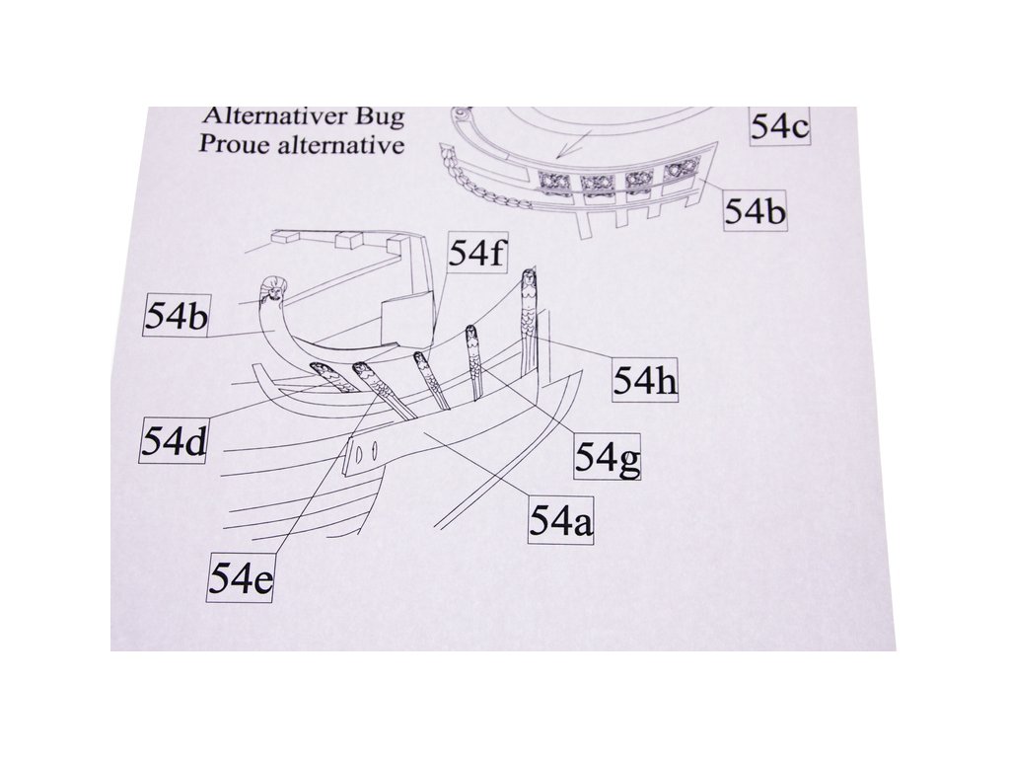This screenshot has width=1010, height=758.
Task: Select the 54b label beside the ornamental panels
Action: [x=756, y=211]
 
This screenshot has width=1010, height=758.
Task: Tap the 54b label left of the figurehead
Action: [x=177, y=316]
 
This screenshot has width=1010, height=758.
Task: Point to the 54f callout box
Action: [x=478, y=255]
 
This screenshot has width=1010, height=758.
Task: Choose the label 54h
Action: [x=646, y=379]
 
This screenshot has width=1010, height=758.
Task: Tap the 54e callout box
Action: [x=241, y=577]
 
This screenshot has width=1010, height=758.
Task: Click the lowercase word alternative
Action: [x=341, y=144]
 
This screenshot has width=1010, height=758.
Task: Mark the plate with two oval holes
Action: [x=364, y=452]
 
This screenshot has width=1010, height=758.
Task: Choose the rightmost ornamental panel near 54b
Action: [x=679, y=171]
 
